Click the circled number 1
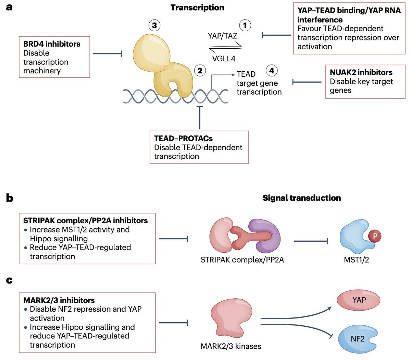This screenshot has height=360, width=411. click(x=245, y=25)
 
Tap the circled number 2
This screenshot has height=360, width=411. click(x=200, y=71)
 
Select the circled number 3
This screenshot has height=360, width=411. click(x=154, y=25)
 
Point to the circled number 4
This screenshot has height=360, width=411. click(x=272, y=71)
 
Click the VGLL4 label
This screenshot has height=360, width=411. click(x=224, y=59)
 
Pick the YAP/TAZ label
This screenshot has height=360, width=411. click(x=222, y=36)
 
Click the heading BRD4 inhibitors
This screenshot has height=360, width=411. click(x=52, y=44)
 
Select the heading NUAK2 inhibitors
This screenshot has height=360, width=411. click(x=361, y=72)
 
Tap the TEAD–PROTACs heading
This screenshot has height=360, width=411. click(x=183, y=139)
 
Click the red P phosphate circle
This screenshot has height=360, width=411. click(x=375, y=236)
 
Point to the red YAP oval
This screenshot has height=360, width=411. click(x=359, y=300)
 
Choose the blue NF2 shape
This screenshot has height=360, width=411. click(x=358, y=339)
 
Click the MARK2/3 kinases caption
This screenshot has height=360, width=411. click(x=231, y=346)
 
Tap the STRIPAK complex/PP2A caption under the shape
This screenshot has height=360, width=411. click(x=242, y=260)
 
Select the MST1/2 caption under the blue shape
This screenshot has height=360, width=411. click(x=356, y=260)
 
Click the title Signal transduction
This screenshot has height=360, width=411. click(x=301, y=198)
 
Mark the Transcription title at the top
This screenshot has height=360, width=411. click(x=197, y=8)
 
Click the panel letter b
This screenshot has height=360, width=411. click(x=10, y=198)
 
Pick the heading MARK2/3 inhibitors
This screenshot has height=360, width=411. click(x=59, y=300)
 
